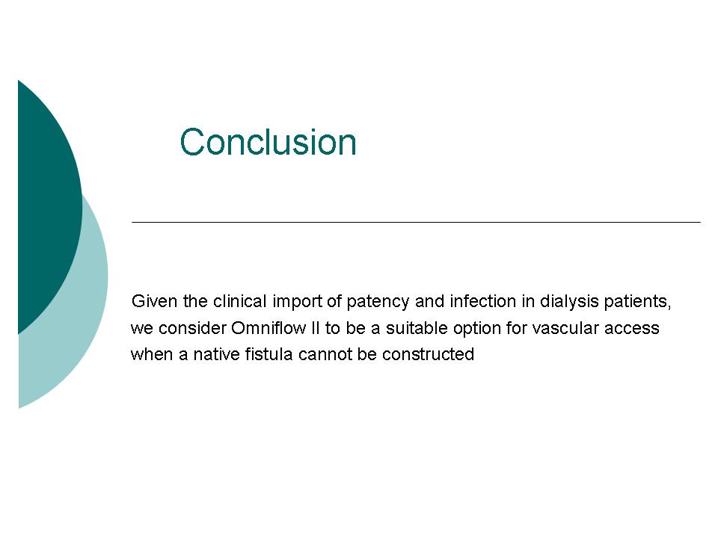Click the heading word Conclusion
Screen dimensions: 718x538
pyautogui.click(x=268, y=141)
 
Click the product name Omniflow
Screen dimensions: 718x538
pyautogui.click(x=269, y=328)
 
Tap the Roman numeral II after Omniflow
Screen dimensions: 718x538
pyautogui.click(x=315, y=328)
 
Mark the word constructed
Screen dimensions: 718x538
pyautogui.click(x=428, y=354)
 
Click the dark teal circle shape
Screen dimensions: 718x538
pyautogui.click(x=46, y=206)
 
